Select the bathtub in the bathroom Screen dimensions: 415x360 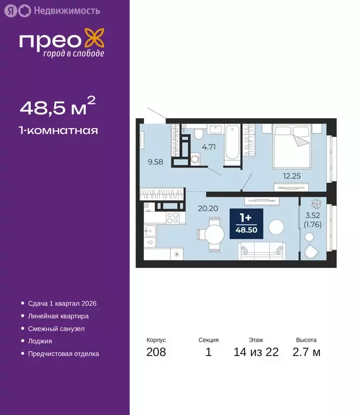pos(231,142)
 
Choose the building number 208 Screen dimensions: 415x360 pos(156,352)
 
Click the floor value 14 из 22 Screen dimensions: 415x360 pos(256,352)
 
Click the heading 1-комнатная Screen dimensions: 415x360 pos(59,130)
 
